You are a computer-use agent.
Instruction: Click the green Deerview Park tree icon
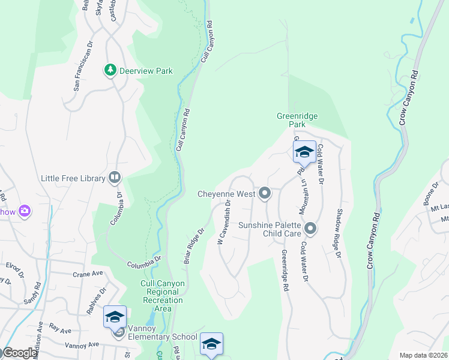point(110,71)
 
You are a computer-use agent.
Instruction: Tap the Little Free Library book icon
point(114,178)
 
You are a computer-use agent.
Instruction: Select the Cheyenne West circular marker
point(265,193)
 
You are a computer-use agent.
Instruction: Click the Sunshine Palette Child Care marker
point(310,228)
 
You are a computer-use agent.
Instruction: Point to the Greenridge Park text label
point(297,120)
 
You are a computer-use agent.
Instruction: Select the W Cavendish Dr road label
point(223,223)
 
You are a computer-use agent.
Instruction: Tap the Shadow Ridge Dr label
point(339,238)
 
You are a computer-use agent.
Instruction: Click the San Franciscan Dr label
point(83,67)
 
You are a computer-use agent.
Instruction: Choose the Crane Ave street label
point(88,274)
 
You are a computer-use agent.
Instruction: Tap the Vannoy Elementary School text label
point(158,337)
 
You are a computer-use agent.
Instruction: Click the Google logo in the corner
point(20,353)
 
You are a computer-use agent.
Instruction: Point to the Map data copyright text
point(423,355)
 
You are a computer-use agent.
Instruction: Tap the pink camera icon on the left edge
point(25,211)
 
